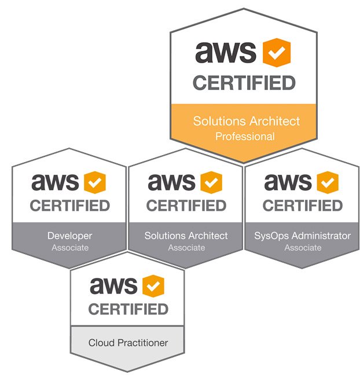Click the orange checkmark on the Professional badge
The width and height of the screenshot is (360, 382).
pyautogui.click(x=276, y=53)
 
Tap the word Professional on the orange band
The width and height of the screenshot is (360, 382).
pyautogui.click(x=245, y=137)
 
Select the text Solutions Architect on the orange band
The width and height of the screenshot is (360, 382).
pyautogui.click(x=246, y=121)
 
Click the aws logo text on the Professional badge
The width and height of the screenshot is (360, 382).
pyautogui.click(x=226, y=53)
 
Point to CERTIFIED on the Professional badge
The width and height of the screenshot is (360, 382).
pyautogui.click(x=244, y=83)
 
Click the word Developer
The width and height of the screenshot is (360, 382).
pyautogui.click(x=69, y=236)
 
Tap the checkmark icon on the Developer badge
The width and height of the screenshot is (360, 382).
pyautogui.click(x=95, y=183)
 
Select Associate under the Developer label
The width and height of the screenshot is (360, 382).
pyautogui.click(x=69, y=248)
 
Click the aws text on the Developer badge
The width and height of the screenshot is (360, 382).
pyautogui.click(x=55, y=183)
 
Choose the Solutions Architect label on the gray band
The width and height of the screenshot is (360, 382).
pyautogui.click(x=186, y=236)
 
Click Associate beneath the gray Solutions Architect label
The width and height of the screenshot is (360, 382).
pyautogui.click(x=186, y=248)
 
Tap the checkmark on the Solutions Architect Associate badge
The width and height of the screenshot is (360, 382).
pyautogui.click(x=211, y=183)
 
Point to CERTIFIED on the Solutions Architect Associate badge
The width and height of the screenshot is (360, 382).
pyautogui.click(x=186, y=205)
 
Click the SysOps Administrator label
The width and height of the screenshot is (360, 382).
pyautogui.click(x=303, y=236)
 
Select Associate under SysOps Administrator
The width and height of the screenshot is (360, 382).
pyautogui.click(x=303, y=248)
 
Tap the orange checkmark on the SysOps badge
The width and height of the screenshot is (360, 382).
pyautogui.click(x=328, y=183)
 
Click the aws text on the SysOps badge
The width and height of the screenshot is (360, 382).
pyautogui.click(x=288, y=183)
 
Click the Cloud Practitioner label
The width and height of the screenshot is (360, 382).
pyautogui.click(x=128, y=343)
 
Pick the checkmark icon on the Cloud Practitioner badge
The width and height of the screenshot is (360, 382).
pyautogui.click(x=153, y=286)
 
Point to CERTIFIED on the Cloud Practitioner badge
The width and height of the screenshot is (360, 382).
pyautogui.click(x=128, y=309)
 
